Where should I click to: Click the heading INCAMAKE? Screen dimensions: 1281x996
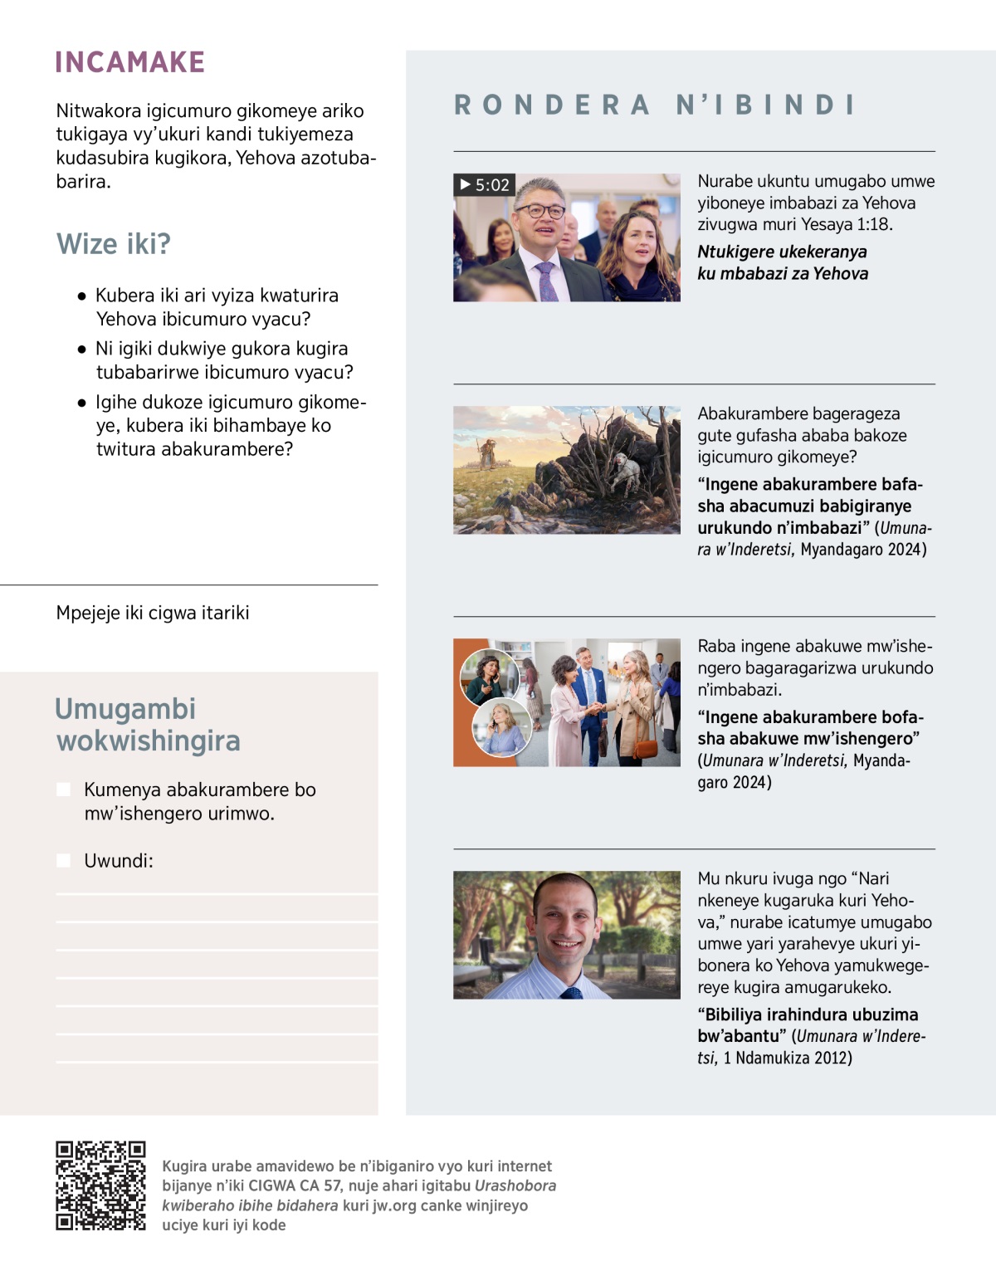tap(130, 62)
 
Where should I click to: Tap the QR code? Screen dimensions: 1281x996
tap(100, 1185)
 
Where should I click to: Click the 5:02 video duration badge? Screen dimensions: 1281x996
tap(485, 184)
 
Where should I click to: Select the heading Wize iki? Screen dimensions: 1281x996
tap(114, 244)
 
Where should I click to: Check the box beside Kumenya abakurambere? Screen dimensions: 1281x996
tap(64, 790)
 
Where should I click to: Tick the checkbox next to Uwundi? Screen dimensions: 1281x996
tap(64, 861)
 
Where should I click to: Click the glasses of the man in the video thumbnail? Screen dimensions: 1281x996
tap(540, 211)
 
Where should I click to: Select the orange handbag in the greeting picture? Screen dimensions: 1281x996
tap(645, 747)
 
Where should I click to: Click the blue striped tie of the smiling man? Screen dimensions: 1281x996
tap(572, 993)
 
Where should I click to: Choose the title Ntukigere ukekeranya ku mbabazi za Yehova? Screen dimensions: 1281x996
tap(782, 262)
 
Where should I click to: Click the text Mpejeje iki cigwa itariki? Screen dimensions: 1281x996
tap(153, 613)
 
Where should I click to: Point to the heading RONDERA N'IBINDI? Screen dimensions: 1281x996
tap(655, 105)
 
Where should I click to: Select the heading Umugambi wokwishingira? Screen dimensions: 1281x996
tap(148, 725)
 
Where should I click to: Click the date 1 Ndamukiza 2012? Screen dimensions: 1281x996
tap(787, 1058)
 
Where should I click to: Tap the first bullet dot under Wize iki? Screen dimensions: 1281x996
tap(81, 296)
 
